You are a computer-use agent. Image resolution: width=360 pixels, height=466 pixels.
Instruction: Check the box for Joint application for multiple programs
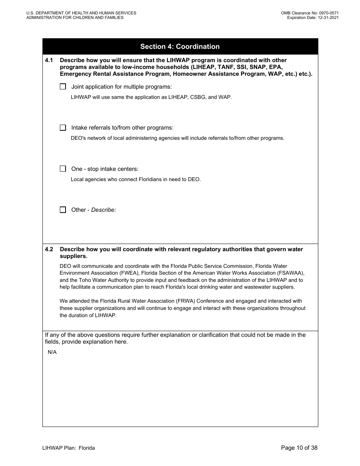(x=63, y=86)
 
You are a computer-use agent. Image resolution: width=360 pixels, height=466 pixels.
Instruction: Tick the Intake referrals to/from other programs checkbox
(x=63, y=128)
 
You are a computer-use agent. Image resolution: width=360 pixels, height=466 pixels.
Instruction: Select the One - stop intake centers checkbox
(x=63, y=169)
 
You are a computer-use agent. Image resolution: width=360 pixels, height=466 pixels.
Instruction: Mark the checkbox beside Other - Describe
(x=63, y=210)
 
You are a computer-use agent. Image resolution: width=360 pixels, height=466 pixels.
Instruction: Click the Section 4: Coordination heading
(x=180, y=47)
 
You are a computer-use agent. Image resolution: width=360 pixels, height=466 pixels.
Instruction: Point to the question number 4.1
(x=49, y=60)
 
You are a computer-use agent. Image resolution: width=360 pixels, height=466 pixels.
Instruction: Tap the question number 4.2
(x=49, y=249)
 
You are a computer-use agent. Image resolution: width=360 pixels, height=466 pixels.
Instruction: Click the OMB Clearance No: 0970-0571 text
(x=310, y=13)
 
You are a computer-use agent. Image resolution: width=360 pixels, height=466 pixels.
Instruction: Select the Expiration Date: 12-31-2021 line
(x=313, y=17)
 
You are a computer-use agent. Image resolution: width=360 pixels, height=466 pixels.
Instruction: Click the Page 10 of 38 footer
(x=299, y=448)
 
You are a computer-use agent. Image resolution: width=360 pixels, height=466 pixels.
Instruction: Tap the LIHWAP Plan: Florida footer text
(x=69, y=448)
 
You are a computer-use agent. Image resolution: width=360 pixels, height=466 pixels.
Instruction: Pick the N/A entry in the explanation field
(x=52, y=352)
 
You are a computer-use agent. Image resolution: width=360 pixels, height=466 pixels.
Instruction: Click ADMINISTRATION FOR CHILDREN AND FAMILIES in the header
(x=75, y=17)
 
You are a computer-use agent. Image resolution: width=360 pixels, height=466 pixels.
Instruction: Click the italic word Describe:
(x=103, y=210)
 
